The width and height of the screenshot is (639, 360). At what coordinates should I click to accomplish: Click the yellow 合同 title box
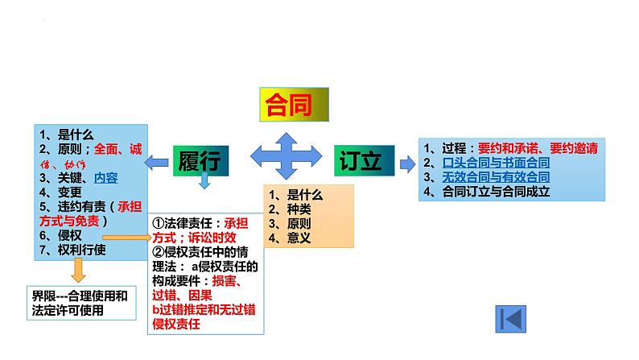293,106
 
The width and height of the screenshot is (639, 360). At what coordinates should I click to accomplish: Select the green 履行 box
200,160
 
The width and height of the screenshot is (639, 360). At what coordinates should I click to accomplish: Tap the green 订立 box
361,159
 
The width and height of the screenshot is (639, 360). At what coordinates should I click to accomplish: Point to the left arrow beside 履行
158,162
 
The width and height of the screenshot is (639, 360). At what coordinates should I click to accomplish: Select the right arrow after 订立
407,163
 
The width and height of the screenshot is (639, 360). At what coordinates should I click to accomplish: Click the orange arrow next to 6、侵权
126,238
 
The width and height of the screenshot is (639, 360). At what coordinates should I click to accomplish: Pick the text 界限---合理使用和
74,296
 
